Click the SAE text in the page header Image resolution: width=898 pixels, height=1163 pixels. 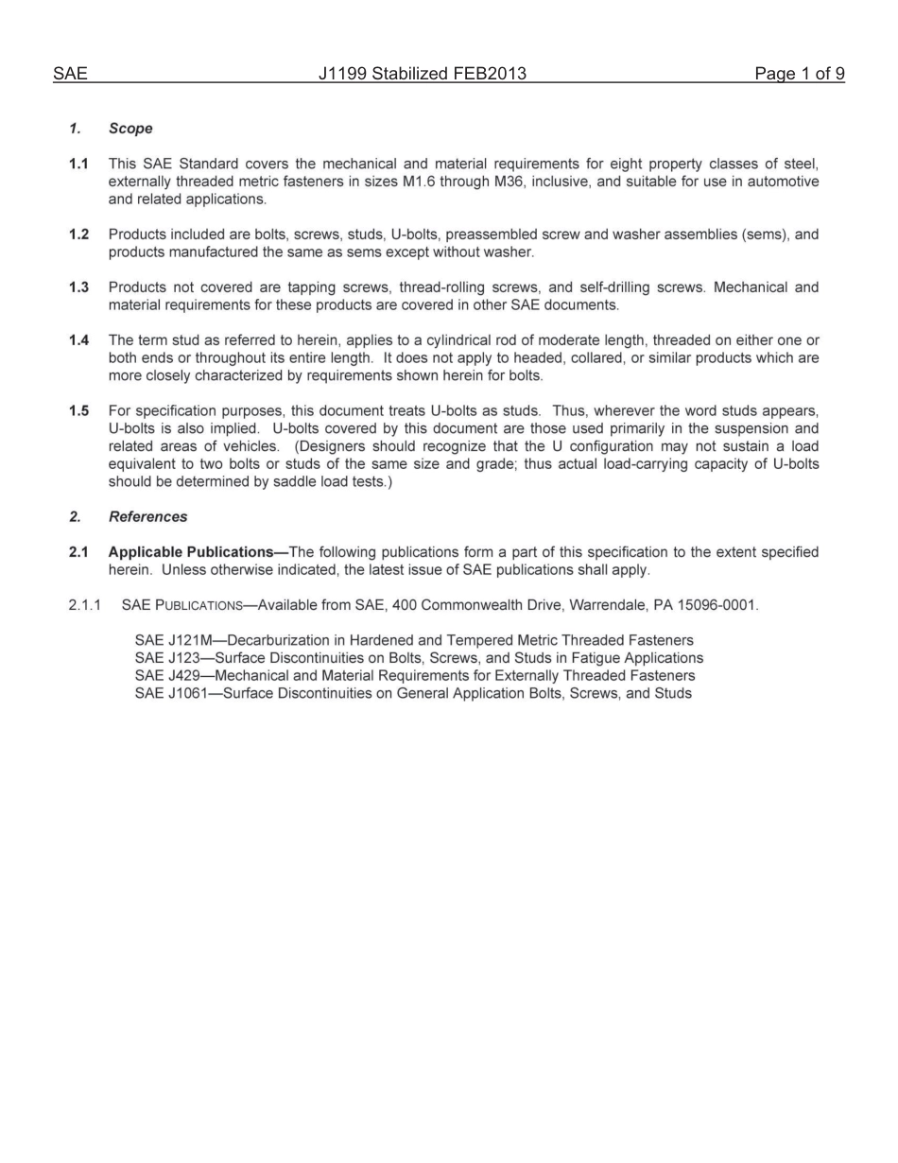tap(70, 74)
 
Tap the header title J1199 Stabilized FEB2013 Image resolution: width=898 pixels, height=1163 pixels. tap(422, 74)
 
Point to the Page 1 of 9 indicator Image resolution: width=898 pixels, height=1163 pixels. tap(799, 74)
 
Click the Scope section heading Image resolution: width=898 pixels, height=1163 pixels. tap(130, 129)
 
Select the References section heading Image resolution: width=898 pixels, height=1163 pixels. tap(147, 517)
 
